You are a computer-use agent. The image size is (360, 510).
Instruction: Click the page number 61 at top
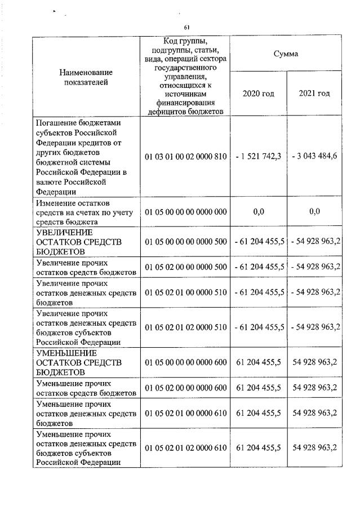(186, 27)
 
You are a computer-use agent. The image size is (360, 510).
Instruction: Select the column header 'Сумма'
(286, 54)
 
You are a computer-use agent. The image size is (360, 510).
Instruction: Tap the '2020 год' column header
(258, 93)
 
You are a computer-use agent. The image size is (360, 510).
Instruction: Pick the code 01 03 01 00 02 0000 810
(185, 156)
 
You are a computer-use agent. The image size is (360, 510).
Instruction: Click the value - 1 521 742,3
(259, 156)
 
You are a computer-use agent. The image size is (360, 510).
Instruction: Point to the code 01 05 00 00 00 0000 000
(185, 211)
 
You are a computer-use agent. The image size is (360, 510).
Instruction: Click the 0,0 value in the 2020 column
(259, 211)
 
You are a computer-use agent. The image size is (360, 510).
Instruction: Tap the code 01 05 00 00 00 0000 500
(185, 241)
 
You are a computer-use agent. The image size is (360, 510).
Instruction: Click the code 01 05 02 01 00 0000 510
(185, 291)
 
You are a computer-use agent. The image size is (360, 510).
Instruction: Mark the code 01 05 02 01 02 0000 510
(185, 326)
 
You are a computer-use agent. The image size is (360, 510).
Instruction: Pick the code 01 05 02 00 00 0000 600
(185, 387)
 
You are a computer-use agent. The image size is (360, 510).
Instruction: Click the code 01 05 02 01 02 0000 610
(185, 447)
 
